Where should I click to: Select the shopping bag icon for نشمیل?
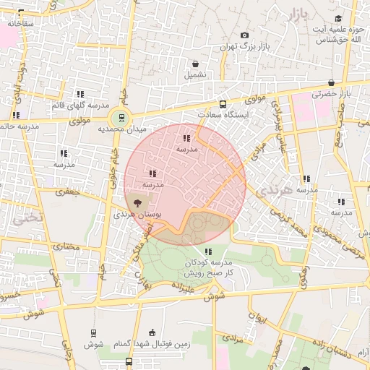point(195,62)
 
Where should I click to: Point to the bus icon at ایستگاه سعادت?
point(222,104)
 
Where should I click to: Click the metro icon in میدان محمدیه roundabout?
point(121,117)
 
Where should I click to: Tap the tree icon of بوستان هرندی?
point(137,204)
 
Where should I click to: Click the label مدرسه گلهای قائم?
point(80,106)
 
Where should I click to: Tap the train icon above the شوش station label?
point(93,332)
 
